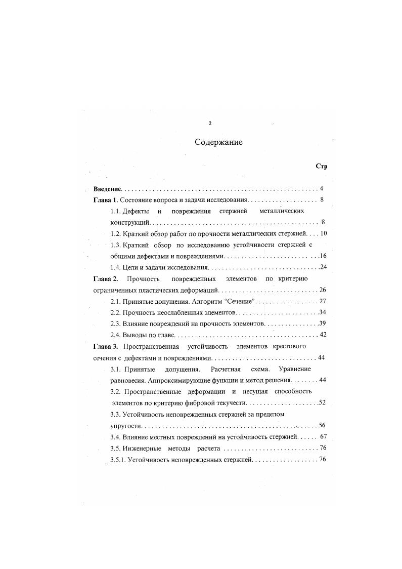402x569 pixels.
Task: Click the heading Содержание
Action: pos(218,142)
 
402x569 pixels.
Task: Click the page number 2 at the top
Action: pos(210,124)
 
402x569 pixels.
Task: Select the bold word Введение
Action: pos(107,189)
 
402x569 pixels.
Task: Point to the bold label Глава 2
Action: pos(106,279)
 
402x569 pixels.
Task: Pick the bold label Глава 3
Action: pos(106,346)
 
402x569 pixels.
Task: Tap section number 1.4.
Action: pos(116,267)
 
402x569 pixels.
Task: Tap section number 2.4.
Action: pos(116,335)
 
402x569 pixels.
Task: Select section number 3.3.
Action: pos(116,414)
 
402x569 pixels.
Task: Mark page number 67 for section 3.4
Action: pos(324,437)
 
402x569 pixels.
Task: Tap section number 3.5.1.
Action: pos(118,459)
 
